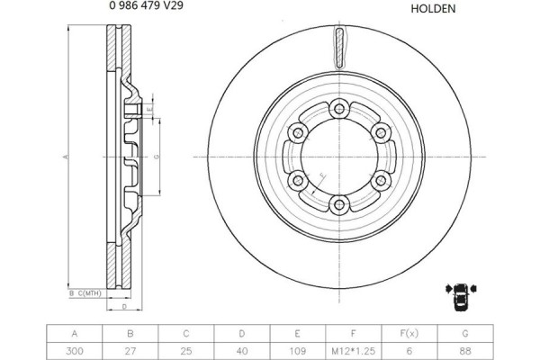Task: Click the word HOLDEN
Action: pos(433,9)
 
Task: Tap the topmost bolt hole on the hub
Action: pos(338,109)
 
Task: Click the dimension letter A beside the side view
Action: pos(65,157)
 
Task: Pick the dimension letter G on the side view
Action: pos(157,157)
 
